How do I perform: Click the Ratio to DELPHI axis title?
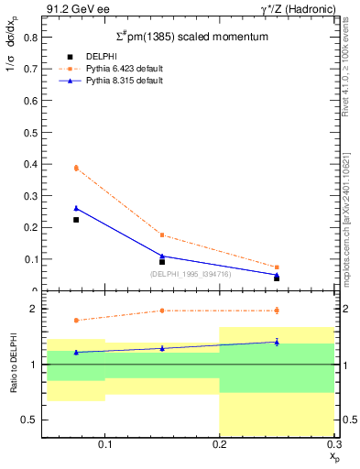click(x=14, y=365)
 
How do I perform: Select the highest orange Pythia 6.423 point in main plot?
click(x=76, y=168)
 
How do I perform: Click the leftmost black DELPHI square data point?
click(x=76, y=220)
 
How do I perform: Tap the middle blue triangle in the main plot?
click(x=162, y=256)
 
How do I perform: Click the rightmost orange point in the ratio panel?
click(x=277, y=311)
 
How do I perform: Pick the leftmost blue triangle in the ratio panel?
click(x=76, y=352)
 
